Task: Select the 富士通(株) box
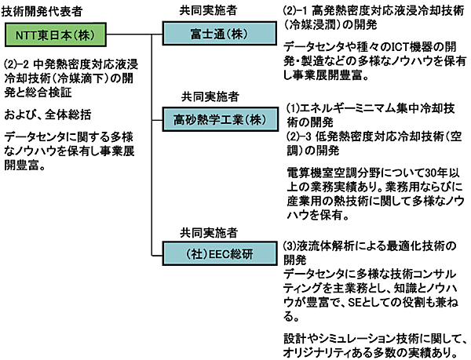click(x=209, y=36)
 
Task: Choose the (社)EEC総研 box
click(x=210, y=254)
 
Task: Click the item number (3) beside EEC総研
click(x=291, y=246)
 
